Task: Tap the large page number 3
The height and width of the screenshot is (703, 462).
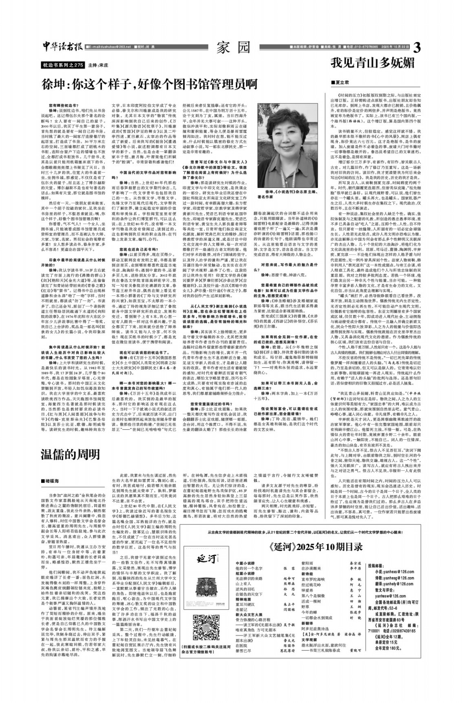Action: coord(416,48)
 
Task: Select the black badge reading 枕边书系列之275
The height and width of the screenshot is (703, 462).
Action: coord(63,65)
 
